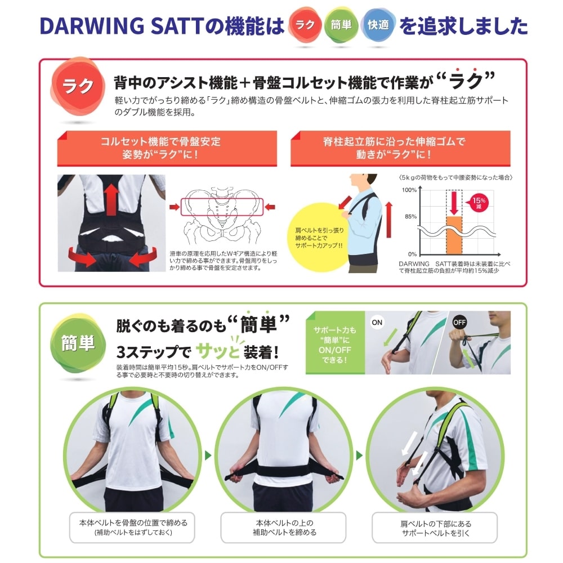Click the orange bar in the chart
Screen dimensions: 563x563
pos(454,235)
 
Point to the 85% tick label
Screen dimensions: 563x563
pos(410,217)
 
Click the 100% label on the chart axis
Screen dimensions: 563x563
pos(409,190)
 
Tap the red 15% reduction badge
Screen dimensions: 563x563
pos(478,203)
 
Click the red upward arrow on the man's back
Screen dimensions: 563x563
pos(111,200)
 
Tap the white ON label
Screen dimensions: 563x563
pos(377,323)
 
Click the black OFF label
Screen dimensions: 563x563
pos(459,323)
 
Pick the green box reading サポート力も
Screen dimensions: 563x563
pos(335,343)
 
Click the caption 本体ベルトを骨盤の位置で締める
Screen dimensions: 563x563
pos(133,523)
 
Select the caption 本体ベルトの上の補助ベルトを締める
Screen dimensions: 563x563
pos(284,528)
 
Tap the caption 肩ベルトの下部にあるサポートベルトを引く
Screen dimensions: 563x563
pos(436,528)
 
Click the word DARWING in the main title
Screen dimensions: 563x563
pos(92,26)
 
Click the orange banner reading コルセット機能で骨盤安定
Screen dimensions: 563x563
pos(167,148)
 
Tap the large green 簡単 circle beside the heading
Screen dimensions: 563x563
pos(78,343)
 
